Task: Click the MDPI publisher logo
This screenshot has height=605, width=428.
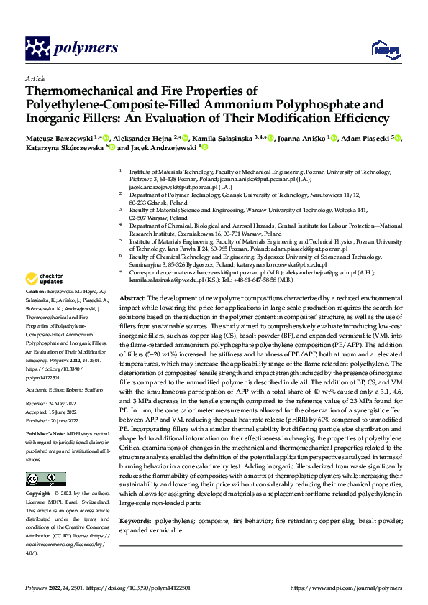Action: [384, 49]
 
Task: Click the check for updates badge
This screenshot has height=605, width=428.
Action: [45, 278]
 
